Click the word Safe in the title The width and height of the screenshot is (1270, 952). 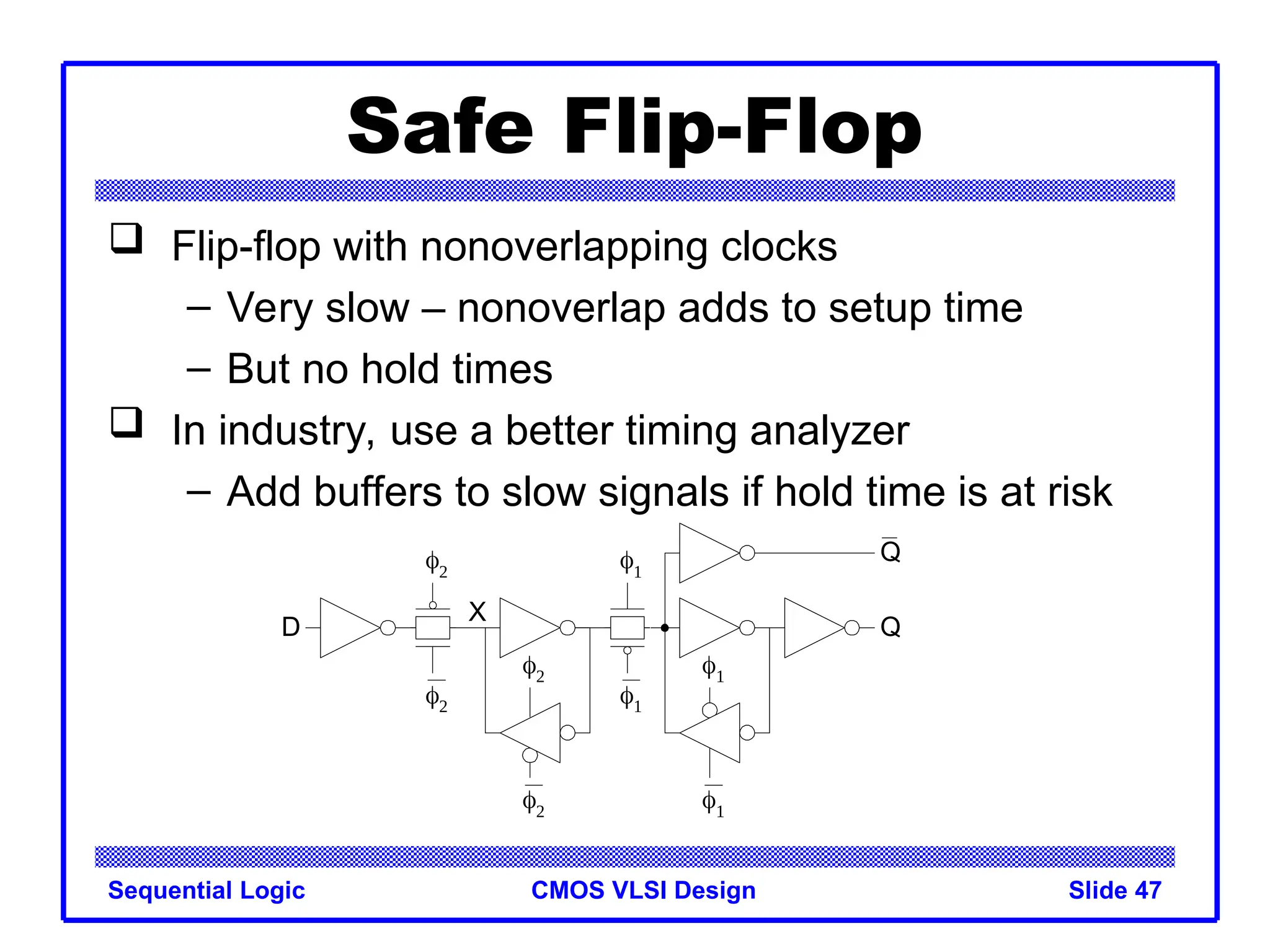pyautogui.click(x=440, y=127)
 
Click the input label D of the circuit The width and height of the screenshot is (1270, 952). pyautogui.click(x=290, y=627)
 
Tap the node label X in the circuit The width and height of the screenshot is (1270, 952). pyautogui.click(x=477, y=612)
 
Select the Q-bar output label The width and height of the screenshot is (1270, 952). pyautogui.click(x=890, y=551)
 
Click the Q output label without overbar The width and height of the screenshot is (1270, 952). pyautogui.click(x=890, y=627)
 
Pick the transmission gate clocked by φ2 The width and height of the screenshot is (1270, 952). pyautogui.click(x=432, y=628)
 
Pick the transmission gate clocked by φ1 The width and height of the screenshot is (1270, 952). pyautogui.click(x=627, y=628)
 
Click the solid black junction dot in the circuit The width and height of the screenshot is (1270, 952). pyautogui.click(x=665, y=628)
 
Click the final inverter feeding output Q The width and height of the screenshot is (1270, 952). pyautogui.click(x=811, y=628)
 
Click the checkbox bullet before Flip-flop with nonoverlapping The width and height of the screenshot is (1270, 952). pyautogui.click(x=127, y=239)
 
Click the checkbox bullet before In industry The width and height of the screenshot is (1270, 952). pyautogui.click(x=127, y=423)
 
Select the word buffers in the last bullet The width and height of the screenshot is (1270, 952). pyautogui.click(x=380, y=492)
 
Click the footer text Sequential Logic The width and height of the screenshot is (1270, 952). pyautogui.click(x=206, y=890)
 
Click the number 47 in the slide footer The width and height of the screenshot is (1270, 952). pyautogui.click(x=1148, y=890)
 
